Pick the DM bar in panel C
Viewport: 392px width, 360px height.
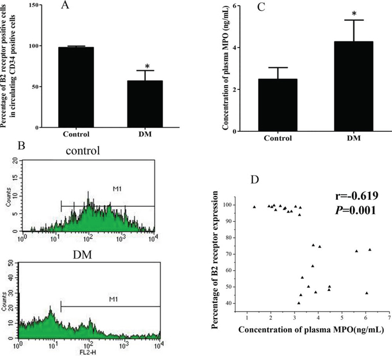pos(346,86)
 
